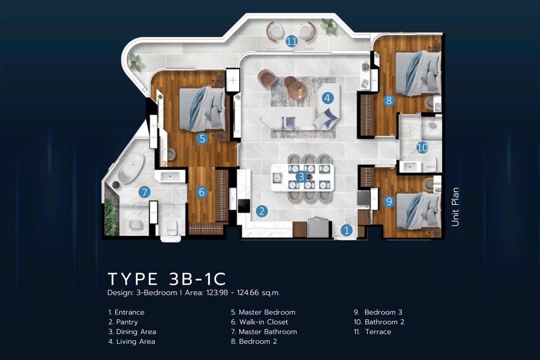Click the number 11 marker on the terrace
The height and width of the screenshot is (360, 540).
[x=291, y=41]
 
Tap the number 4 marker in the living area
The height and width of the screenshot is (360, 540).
[x=327, y=98]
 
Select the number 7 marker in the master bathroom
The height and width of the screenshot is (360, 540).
[x=144, y=192]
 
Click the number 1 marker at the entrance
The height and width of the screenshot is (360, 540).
[x=346, y=230]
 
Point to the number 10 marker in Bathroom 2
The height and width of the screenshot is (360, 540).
[x=422, y=147]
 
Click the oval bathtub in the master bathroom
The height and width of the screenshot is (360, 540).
[x=130, y=168]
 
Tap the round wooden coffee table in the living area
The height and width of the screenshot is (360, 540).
[x=297, y=90]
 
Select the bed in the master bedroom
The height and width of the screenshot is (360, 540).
[x=202, y=109]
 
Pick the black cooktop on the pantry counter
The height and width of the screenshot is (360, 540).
[x=244, y=206]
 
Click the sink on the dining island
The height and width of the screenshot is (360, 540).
[x=277, y=178]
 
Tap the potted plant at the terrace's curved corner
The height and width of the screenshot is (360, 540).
[x=135, y=61]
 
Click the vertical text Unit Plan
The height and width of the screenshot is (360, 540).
[x=455, y=207]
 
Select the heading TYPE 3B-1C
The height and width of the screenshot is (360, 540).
[x=167, y=279]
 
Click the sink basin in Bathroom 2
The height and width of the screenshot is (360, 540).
[x=409, y=166]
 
